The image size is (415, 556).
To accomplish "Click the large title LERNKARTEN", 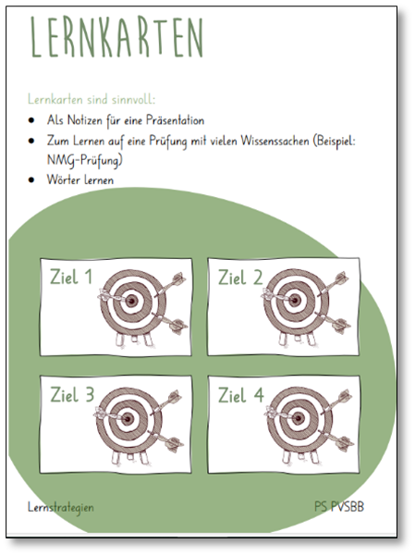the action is (x=117, y=37).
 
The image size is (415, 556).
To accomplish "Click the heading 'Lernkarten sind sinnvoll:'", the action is (x=92, y=99).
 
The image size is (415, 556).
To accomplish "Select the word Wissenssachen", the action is (x=275, y=141).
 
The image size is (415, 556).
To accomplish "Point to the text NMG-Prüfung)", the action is (x=85, y=160).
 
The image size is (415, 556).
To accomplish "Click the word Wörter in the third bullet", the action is (x=64, y=179).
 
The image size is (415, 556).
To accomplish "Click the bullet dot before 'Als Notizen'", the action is (x=32, y=121).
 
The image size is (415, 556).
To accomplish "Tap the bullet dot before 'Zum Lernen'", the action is (x=32, y=142).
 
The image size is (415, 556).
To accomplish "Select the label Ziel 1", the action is (x=71, y=277).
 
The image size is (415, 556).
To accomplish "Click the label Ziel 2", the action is (x=240, y=278).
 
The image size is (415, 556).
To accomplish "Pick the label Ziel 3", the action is (x=72, y=395).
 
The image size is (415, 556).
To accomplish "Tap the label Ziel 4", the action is (x=241, y=395).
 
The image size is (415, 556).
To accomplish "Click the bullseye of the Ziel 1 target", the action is (x=131, y=301).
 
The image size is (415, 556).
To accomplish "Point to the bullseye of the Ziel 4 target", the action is (x=298, y=418).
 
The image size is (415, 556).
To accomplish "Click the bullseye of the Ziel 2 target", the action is (x=294, y=301).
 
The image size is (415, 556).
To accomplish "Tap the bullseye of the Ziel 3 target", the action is (x=128, y=418).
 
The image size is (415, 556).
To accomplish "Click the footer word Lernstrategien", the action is (x=61, y=507).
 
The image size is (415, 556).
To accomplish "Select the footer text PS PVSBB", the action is (x=339, y=506).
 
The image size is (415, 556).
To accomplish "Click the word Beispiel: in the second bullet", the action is (x=334, y=142).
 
